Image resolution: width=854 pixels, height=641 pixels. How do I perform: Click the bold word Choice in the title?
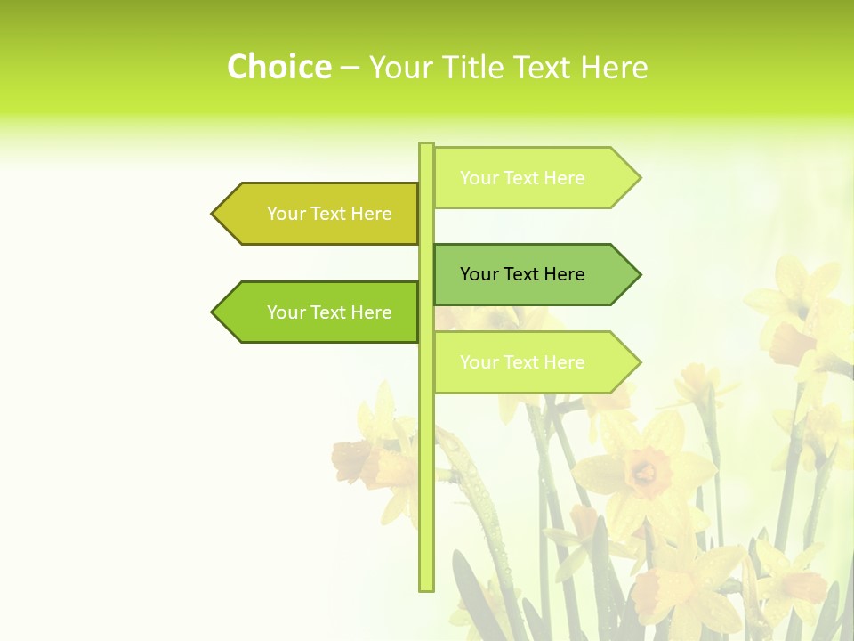point(278,67)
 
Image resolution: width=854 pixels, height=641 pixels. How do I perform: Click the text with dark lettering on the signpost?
point(522,274)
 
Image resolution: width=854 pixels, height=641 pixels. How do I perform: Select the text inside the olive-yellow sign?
point(329,214)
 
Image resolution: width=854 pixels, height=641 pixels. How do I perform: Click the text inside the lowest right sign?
point(522,362)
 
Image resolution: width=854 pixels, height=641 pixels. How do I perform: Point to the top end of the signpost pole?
point(426,145)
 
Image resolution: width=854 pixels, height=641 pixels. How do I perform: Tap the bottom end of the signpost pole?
point(426,588)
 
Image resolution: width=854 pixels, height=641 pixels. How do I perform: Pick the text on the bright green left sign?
point(329,312)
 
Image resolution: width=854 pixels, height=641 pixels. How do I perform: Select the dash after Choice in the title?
point(350,68)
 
